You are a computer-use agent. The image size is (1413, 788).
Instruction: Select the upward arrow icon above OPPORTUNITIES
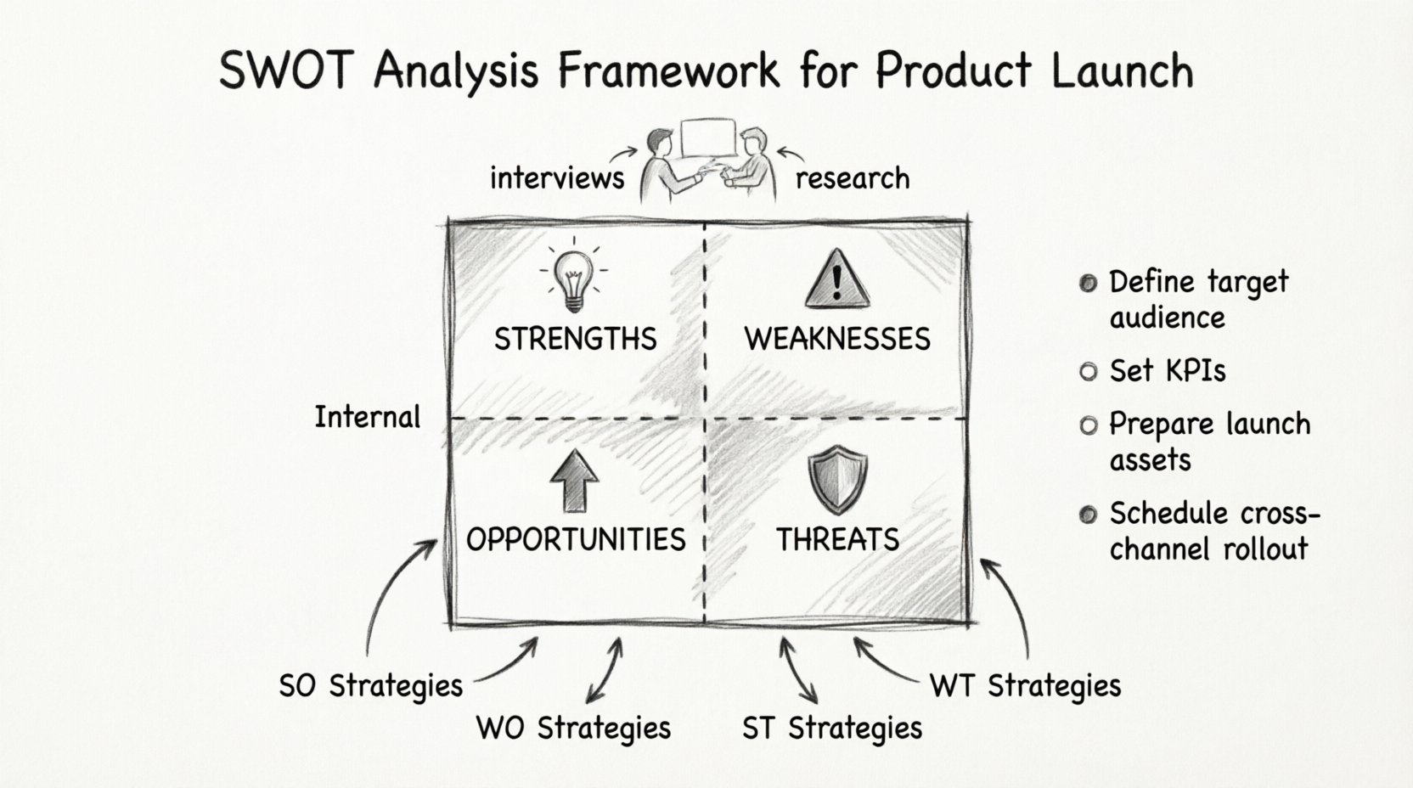(x=575, y=480)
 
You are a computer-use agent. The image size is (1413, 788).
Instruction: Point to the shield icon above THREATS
(x=837, y=481)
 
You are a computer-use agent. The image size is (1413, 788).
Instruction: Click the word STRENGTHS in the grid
(x=575, y=339)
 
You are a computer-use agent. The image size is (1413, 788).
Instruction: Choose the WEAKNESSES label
(x=837, y=339)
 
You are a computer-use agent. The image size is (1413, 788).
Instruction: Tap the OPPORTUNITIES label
(x=576, y=539)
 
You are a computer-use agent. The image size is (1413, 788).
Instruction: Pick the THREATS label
(x=837, y=539)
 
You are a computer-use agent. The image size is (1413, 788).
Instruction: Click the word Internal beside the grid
(x=367, y=417)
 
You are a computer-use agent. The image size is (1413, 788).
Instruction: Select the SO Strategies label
(x=371, y=685)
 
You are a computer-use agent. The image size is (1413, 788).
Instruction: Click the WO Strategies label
(x=573, y=728)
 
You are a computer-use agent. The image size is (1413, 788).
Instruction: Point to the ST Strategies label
(x=831, y=728)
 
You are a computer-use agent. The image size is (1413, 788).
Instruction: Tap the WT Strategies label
(x=1025, y=685)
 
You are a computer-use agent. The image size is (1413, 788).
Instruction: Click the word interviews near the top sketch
(x=557, y=178)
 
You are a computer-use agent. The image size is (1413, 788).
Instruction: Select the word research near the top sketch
(x=853, y=178)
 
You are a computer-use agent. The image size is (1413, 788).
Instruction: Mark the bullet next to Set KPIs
(x=1088, y=372)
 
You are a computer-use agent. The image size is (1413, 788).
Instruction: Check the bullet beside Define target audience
(x=1088, y=284)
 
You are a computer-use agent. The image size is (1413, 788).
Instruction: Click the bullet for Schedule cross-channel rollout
(x=1088, y=515)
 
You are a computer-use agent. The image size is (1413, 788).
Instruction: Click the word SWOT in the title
(x=284, y=71)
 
